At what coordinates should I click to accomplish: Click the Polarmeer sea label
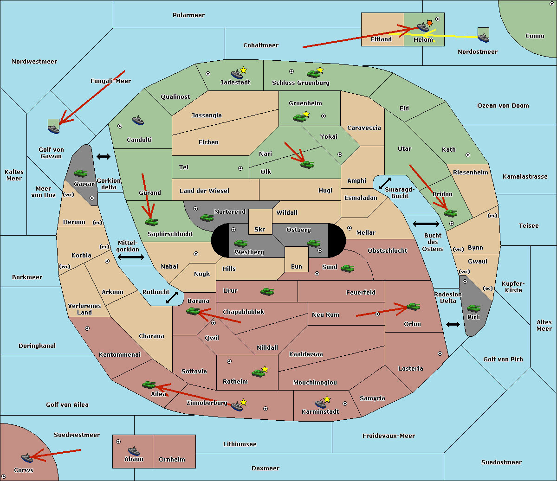pos(188,15)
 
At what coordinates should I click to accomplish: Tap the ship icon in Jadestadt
pos(237,74)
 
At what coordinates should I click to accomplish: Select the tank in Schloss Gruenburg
pos(313,73)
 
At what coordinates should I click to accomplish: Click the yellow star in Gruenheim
pos(306,114)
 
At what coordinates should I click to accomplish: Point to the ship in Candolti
pos(138,121)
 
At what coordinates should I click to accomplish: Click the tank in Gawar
pos(81,173)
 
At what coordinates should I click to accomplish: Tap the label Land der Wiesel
pos(204,191)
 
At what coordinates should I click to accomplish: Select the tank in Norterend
pos(207,218)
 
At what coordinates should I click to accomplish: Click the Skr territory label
pos(260,229)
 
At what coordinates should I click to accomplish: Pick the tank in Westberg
pos(240,243)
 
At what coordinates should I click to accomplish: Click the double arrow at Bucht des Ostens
pos(426,224)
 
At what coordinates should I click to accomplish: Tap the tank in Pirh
pos(473,308)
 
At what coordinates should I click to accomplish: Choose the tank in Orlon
pos(413,307)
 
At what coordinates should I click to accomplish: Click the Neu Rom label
pos(325,314)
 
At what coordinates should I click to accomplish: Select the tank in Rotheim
pos(258,373)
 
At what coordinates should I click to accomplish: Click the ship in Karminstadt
pos(321,403)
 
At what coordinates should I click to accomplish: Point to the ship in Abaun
pos(134,450)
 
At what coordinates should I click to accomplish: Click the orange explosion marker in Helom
pos(430,23)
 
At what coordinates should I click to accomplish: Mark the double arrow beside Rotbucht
pos(172,297)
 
